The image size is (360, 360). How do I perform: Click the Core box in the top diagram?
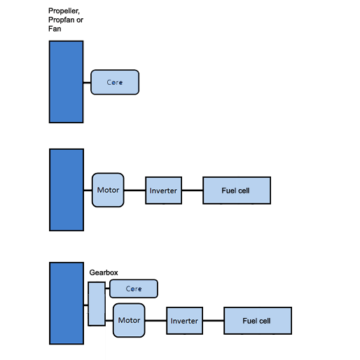pyautogui.click(x=115, y=82)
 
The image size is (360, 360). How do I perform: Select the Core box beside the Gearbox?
pyautogui.click(x=134, y=289)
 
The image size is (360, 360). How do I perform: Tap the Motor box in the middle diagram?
pyautogui.click(x=108, y=190)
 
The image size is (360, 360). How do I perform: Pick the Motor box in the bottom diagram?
pyautogui.click(x=129, y=320)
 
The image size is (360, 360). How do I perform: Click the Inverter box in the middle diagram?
pyautogui.click(x=163, y=191)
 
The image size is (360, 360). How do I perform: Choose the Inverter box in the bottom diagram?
pyautogui.click(x=184, y=321)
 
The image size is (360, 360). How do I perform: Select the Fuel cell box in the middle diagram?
pyautogui.click(x=237, y=191)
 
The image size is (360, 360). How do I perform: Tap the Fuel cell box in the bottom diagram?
pyautogui.click(x=258, y=321)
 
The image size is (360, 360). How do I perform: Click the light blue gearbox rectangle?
pyautogui.click(x=97, y=304)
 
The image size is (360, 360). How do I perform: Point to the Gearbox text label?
pyautogui.click(x=104, y=272)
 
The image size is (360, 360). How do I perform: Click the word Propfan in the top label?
pyautogui.click(x=61, y=20)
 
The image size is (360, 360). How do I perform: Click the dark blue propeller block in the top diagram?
pyautogui.click(x=67, y=82)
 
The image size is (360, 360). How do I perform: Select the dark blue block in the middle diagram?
pyautogui.click(x=67, y=190)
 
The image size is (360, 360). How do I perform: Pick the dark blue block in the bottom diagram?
pyautogui.click(x=67, y=303)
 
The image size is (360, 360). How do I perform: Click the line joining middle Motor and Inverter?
pyautogui.click(x=134, y=191)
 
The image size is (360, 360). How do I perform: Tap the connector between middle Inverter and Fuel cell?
pyautogui.click(x=193, y=191)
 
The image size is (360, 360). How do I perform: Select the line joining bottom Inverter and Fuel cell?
pyautogui.click(x=214, y=321)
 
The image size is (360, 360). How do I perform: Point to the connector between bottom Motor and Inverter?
pyautogui.click(x=155, y=321)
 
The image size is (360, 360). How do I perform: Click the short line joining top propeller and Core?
pyautogui.click(x=87, y=83)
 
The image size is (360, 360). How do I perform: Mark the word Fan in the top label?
pyautogui.click(x=55, y=29)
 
